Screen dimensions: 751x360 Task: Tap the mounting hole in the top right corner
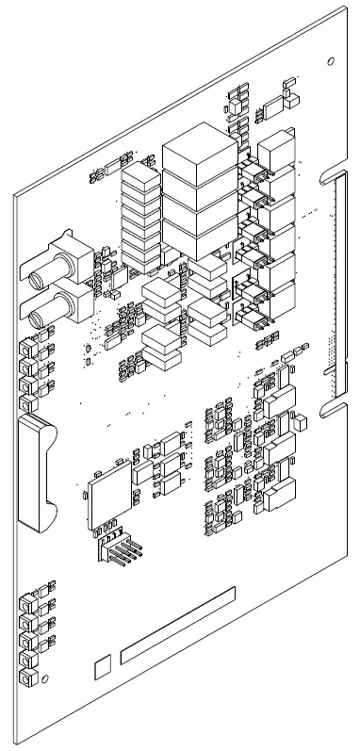[329, 61]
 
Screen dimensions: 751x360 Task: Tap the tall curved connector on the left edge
[37, 471]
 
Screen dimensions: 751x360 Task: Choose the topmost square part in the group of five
[28, 600]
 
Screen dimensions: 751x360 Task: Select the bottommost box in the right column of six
[276, 303]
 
